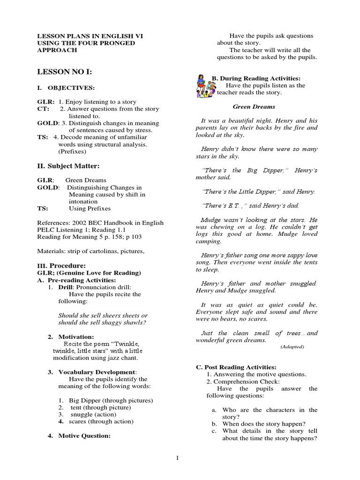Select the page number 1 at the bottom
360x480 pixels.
point(177,458)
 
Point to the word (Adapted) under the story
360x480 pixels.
point(292,346)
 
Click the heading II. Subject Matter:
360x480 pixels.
point(68,166)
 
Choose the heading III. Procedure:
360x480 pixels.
point(61,266)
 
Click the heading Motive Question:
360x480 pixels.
point(84,435)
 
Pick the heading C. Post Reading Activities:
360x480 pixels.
point(236,367)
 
